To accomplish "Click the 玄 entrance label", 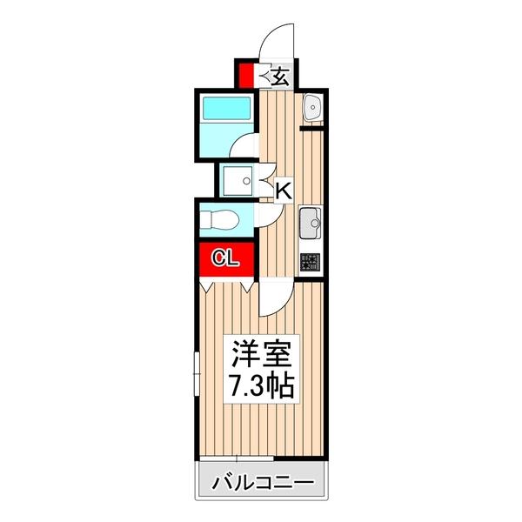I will point(278,77).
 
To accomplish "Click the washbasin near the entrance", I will point(312,109).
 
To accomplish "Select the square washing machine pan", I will point(236,181).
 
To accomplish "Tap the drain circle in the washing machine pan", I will point(247,182).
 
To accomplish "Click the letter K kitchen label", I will point(283,189).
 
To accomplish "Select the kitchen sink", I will point(310,226).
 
